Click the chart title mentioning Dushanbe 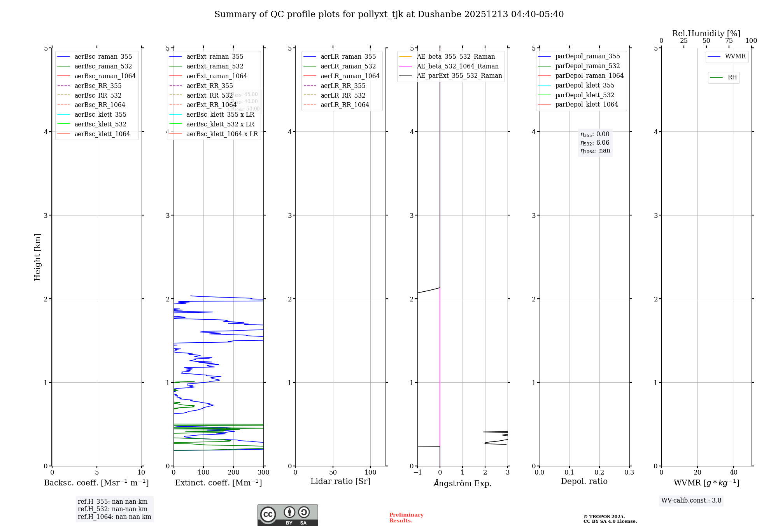(389, 14)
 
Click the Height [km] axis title (37, 257)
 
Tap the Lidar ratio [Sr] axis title (340, 481)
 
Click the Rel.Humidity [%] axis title (706, 33)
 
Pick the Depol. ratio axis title (584, 481)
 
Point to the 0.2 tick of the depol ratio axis (599, 472)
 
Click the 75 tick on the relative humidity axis (729, 41)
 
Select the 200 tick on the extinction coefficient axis (233, 472)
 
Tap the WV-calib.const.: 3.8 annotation (691, 501)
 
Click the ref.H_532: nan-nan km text (112, 509)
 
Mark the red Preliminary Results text (406, 518)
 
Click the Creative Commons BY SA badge (287, 515)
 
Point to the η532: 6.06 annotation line (595, 143)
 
